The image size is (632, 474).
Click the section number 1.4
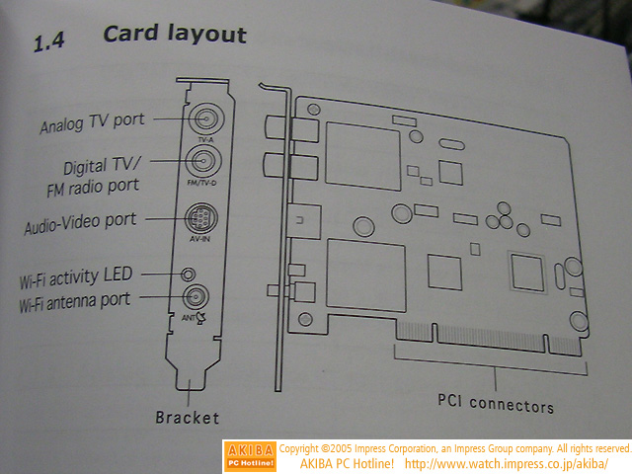[x=50, y=42]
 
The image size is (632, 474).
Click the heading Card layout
[x=175, y=35]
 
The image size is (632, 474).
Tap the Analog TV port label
[x=92, y=124]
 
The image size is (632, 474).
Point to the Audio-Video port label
[x=80, y=222]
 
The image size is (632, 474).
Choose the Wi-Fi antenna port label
[x=74, y=299]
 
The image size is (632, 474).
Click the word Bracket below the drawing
[x=187, y=417]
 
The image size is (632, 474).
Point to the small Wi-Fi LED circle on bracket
[x=188, y=274]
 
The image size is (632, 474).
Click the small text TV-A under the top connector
[x=205, y=140]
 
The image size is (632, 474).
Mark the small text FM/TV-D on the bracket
[x=204, y=183]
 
